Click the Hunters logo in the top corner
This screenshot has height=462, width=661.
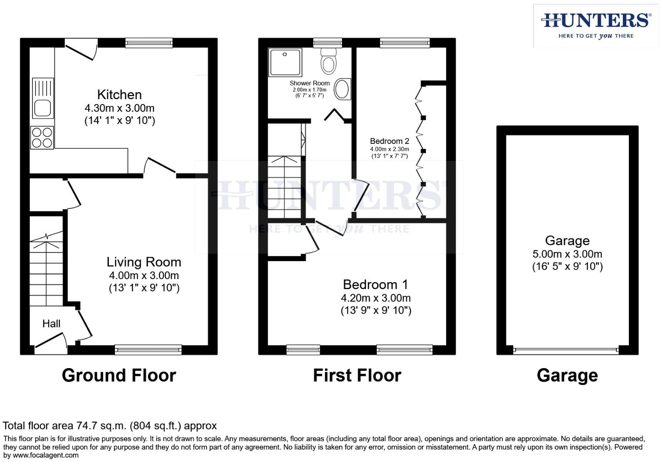[x=596, y=25]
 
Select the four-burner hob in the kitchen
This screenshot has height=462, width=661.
[x=42, y=137]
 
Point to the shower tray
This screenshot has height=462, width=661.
[x=285, y=62]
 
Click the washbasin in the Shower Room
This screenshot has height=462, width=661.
[x=342, y=90]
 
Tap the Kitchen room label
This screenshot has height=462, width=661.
[x=119, y=94]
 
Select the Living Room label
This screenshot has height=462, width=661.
[x=144, y=262]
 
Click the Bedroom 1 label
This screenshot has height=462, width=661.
[x=376, y=284]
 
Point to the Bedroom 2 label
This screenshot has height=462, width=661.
[x=389, y=141]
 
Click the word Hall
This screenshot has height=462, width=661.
[x=51, y=324]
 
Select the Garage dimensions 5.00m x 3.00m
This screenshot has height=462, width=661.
[x=567, y=254]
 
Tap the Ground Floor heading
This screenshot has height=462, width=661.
[x=119, y=376]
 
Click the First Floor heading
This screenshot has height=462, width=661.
[x=357, y=376]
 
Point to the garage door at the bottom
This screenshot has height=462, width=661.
[x=566, y=351]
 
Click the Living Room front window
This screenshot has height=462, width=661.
[x=148, y=350]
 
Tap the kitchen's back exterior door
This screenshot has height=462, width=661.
[x=81, y=49]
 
